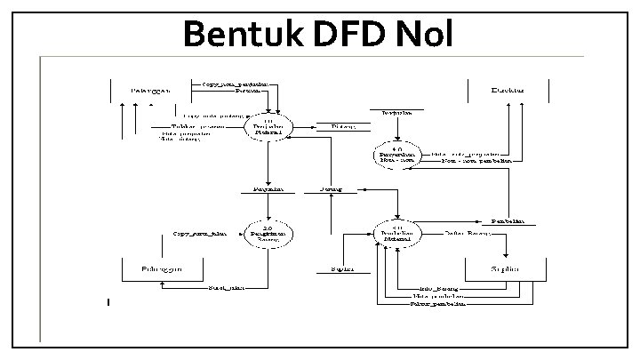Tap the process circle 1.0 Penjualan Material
tap(268, 129)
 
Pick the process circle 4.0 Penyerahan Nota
tap(397, 154)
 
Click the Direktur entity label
tap(508, 89)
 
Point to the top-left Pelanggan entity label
tap(150, 90)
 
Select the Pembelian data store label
tap(508, 220)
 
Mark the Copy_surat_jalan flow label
tap(200, 234)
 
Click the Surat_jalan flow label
tap(227, 288)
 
